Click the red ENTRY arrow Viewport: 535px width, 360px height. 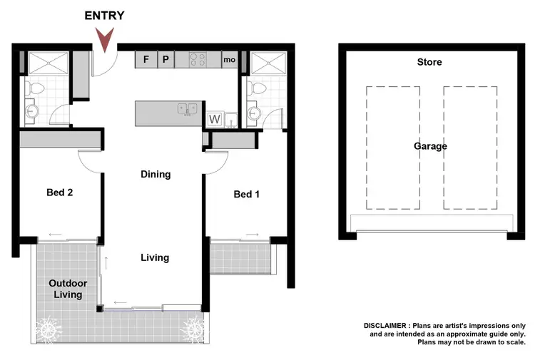click(x=107, y=40)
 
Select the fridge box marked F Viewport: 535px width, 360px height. click(x=146, y=59)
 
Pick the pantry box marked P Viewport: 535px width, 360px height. click(x=165, y=59)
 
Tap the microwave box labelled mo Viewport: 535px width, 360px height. click(x=229, y=60)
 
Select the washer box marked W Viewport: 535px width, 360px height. click(x=214, y=119)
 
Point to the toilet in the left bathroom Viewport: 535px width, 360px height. click(x=34, y=89)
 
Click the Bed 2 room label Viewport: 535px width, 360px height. click(x=59, y=192)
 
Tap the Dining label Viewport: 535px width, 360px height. click(x=156, y=174)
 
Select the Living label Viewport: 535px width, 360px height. click(x=155, y=257)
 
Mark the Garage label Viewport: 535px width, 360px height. click(x=430, y=146)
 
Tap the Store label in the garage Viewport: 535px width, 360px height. click(x=429, y=62)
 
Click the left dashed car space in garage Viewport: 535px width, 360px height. click(x=392, y=148)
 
